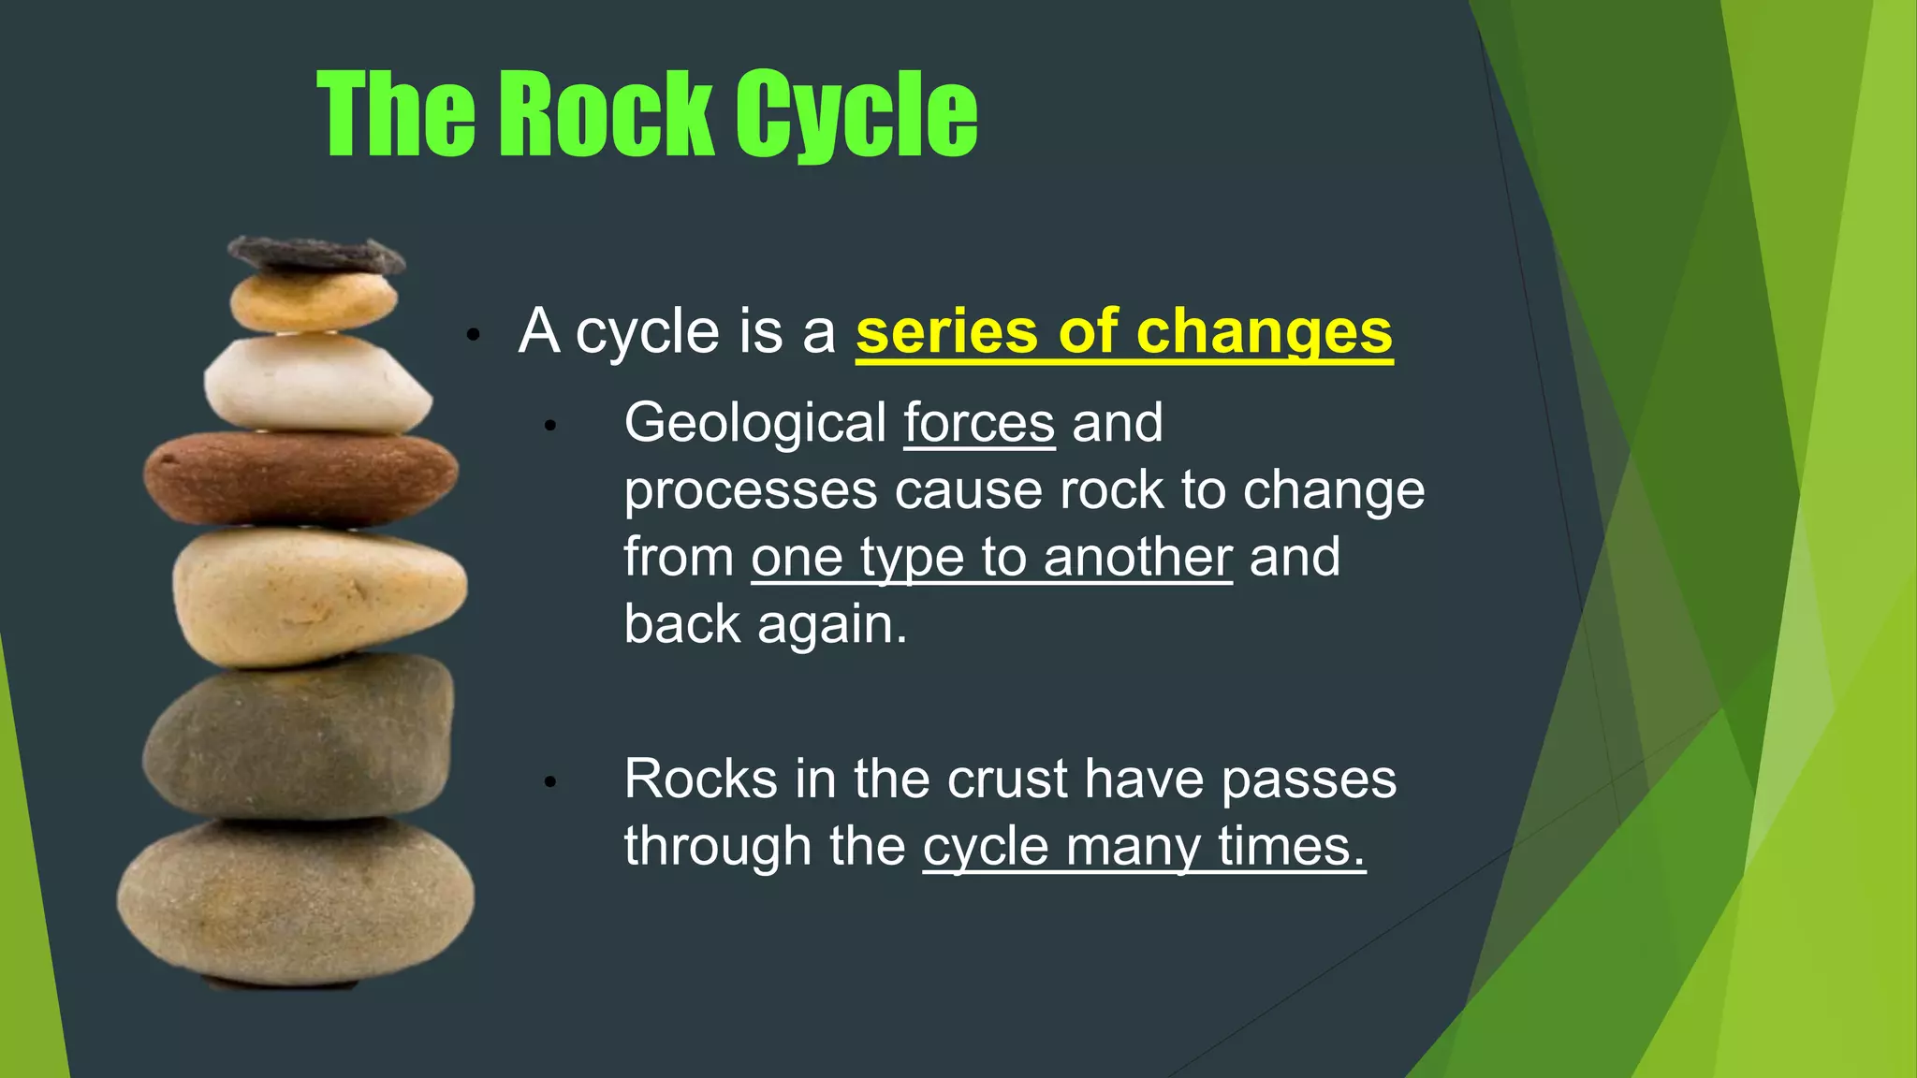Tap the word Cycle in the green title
tap(855, 116)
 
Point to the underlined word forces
tap(979, 424)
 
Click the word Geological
tap(754, 424)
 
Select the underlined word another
tap(1137, 558)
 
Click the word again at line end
tap(831, 626)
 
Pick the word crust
tap(1007, 779)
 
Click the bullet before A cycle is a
tap(474, 335)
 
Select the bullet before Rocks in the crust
tap(550, 782)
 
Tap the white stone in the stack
tap(316, 384)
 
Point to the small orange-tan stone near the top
tap(313, 301)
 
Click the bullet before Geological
tap(550, 427)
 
